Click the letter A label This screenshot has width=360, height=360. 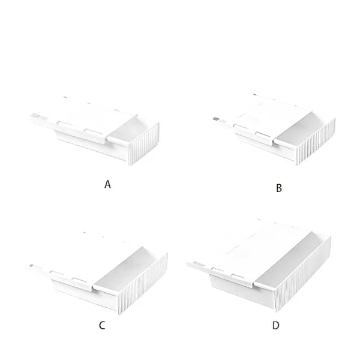(x=107, y=184)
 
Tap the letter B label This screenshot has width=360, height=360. (x=279, y=188)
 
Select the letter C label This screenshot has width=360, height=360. (x=102, y=325)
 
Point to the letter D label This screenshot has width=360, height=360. (x=276, y=325)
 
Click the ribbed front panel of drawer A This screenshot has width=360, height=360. (x=144, y=144)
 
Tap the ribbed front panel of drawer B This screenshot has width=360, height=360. (x=316, y=142)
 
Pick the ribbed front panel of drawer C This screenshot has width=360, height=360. (x=143, y=284)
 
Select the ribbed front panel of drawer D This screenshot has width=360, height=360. (x=303, y=274)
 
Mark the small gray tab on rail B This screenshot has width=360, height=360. (x=216, y=119)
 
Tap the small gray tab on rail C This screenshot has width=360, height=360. (x=32, y=266)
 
